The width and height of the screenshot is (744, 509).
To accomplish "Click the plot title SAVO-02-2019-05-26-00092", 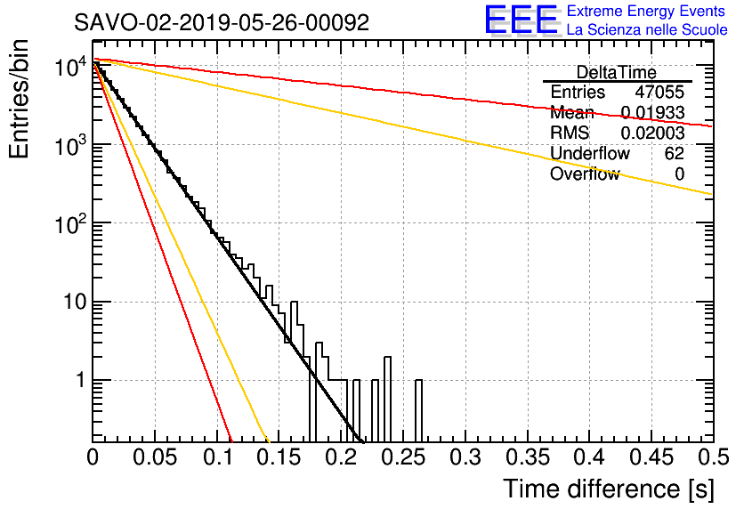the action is [222, 22].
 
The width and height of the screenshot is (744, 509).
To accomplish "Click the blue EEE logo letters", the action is [521, 20].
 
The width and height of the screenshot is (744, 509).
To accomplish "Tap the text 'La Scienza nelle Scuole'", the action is [647, 30].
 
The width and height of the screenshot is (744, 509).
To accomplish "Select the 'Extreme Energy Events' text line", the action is [646, 11].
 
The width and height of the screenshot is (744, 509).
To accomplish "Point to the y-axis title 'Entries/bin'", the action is [19, 100].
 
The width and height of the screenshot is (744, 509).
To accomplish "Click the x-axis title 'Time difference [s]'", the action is [609, 489].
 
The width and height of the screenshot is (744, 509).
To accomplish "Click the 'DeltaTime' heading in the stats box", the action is [617, 72].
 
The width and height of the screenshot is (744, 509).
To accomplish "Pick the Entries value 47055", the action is [659, 92].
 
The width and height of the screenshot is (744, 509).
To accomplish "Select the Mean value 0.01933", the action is [652, 112].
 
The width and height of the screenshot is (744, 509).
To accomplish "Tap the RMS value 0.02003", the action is [652, 133].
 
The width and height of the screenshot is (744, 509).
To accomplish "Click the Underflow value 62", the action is [675, 153].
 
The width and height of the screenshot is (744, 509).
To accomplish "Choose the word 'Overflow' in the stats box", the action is [585, 174].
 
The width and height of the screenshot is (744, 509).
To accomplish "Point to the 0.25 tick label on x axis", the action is [403, 457].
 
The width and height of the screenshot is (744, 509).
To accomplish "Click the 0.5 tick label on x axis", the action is [714, 457].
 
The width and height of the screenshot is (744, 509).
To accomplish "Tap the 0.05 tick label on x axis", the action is [155, 457].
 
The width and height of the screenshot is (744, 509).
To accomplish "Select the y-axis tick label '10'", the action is [75, 302].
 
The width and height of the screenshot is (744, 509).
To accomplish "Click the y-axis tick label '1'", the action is [81, 380].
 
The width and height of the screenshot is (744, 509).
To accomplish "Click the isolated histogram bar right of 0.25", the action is [418, 411].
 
